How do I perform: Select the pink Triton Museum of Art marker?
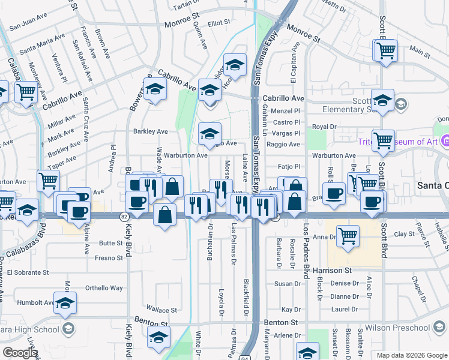point(445,142)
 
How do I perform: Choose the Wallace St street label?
point(161,310)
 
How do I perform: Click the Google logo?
point(20,352)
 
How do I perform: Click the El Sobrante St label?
point(103,272)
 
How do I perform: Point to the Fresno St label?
point(109,258)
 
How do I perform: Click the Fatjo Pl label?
point(288,167)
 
